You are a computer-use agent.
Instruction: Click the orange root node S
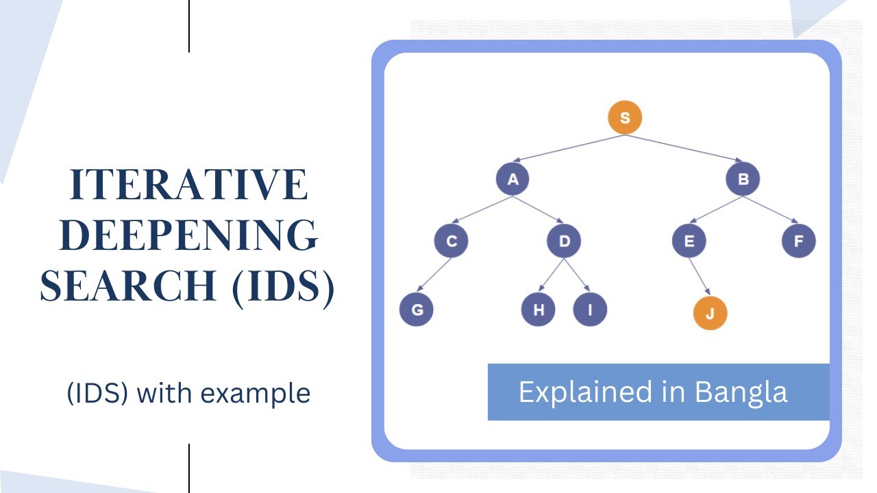point(625,118)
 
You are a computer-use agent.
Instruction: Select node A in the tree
point(512,180)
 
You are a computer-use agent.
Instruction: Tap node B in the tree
point(743,180)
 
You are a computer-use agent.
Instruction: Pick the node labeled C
point(451,241)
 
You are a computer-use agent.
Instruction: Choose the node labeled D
point(564,241)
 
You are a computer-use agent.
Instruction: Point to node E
point(689,241)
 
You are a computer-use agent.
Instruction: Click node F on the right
point(799,241)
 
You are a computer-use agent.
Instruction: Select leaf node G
point(417,309)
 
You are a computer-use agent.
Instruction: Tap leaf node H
point(539,309)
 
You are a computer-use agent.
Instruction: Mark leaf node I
point(589,309)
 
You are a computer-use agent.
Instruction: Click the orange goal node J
point(710,314)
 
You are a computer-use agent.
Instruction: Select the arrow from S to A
point(569,149)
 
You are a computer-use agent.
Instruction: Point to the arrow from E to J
point(699,277)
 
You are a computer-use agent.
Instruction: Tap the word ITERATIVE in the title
point(188,185)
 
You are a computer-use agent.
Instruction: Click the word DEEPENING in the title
point(188,235)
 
